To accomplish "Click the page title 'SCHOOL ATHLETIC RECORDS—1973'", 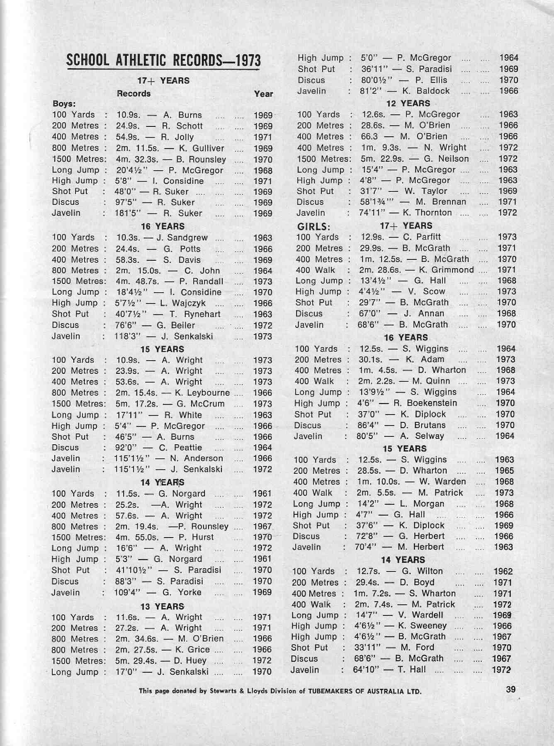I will pyautogui.click(x=163, y=61).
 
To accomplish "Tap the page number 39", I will pyautogui.click(x=511, y=689).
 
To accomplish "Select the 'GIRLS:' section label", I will pyautogui.click(x=313, y=227).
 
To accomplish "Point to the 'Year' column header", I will pyautogui.click(x=263, y=94).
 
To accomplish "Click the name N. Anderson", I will pyautogui.click(x=197, y=458).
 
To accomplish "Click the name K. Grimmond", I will pyautogui.click(x=447, y=270).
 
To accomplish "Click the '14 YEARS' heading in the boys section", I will pyautogui.click(x=162, y=482).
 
